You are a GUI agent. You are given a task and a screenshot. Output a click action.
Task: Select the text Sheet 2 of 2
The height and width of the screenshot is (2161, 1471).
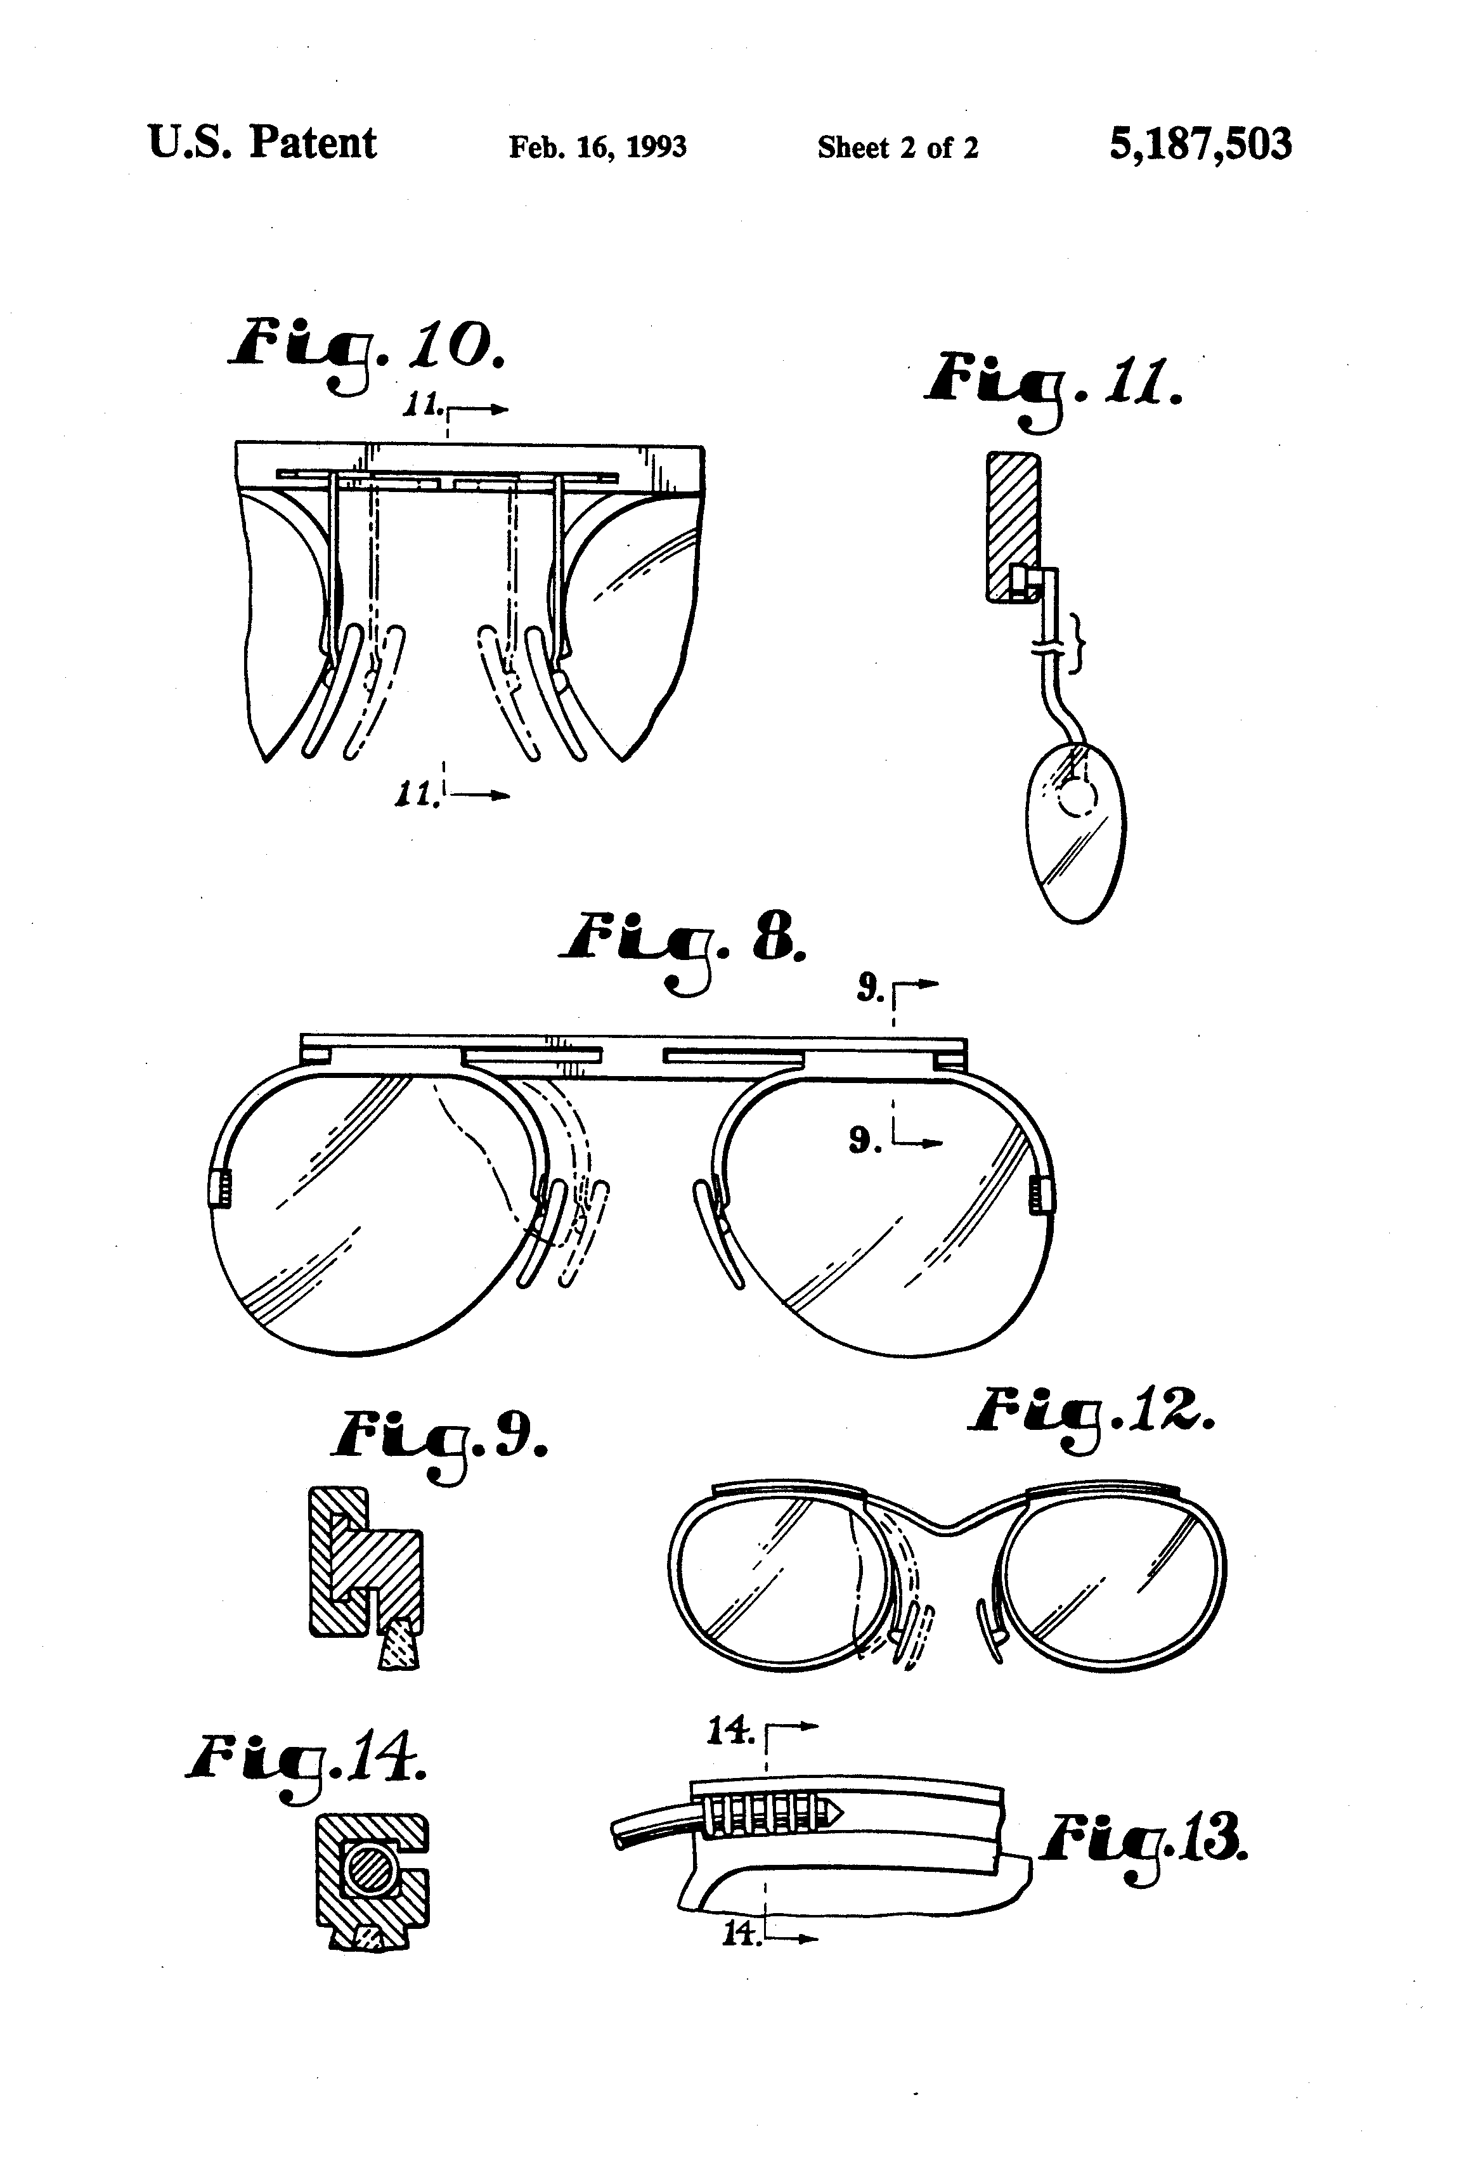coord(897,148)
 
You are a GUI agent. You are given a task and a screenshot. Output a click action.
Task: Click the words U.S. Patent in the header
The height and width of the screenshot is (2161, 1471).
coord(262,143)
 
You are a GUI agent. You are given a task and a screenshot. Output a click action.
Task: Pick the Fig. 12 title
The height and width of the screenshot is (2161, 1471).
coord(1090,1417)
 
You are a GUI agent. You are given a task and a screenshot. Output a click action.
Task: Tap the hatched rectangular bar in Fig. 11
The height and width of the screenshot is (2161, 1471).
coord(1013,526)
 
